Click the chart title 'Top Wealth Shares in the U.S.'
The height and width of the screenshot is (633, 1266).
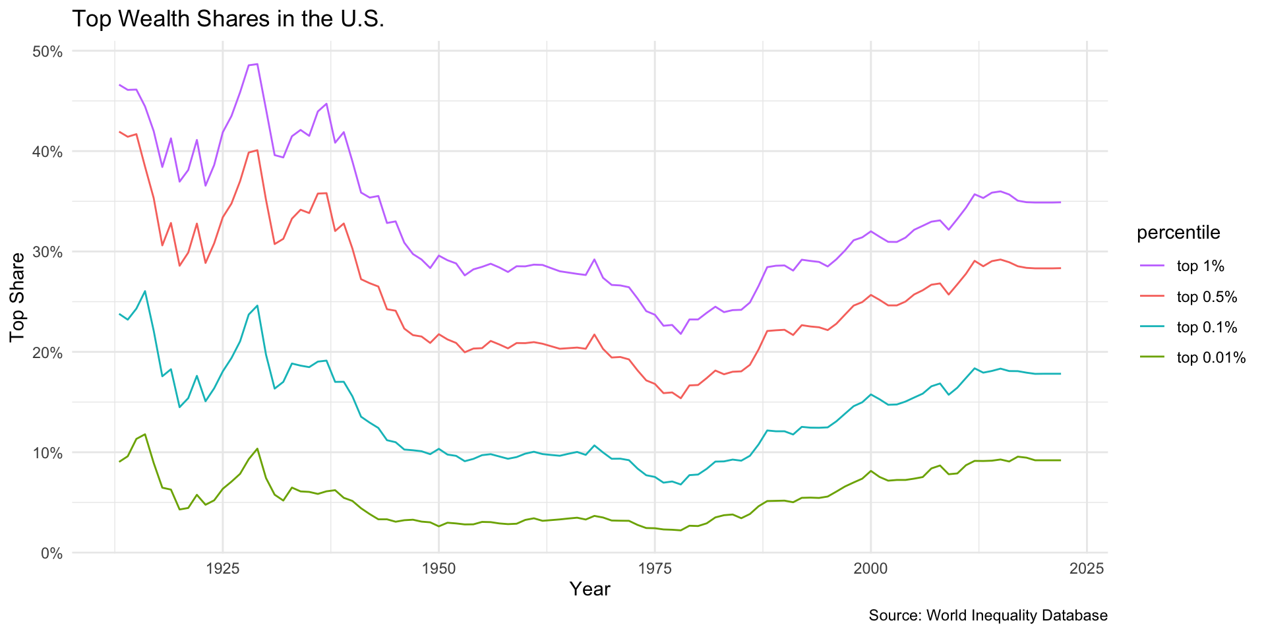tap(227, 19)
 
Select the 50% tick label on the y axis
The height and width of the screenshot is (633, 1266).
tap(47, 51)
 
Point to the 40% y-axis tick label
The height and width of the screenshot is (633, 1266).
tap(47, 152)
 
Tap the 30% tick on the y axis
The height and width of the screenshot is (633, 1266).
tap(47, 252)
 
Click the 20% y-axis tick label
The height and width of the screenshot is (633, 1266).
tap(47, 352)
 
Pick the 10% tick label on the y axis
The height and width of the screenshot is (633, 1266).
tap(47, 453)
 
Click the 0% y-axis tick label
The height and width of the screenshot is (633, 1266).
tap(51, 553)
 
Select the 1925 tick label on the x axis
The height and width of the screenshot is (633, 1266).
tap(222, 568)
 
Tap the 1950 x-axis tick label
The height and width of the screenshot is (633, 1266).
tap(438, 568)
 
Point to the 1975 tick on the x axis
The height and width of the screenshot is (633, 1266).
tap(655, 568)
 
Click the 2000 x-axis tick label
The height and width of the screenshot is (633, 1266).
tap(870, 568)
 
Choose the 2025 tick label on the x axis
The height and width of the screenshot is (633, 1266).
tap(1087, 568)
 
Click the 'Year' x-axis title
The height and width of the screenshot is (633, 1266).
tap(589, 589)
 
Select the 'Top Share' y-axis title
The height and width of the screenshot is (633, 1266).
tap(18, 297)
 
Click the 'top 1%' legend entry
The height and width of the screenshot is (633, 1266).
tap(1200, 266)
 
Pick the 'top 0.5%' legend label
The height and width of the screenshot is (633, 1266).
tap(1207, 297)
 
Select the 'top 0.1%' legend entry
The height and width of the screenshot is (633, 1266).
tap(1207, 328)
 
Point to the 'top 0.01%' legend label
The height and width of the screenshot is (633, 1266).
tap(1211, 358)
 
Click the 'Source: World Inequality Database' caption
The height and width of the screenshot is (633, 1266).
tap(988, 616)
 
